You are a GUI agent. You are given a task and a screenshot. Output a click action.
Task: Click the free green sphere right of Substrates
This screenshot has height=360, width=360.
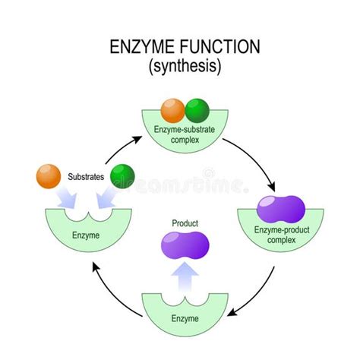tap(122, 178)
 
